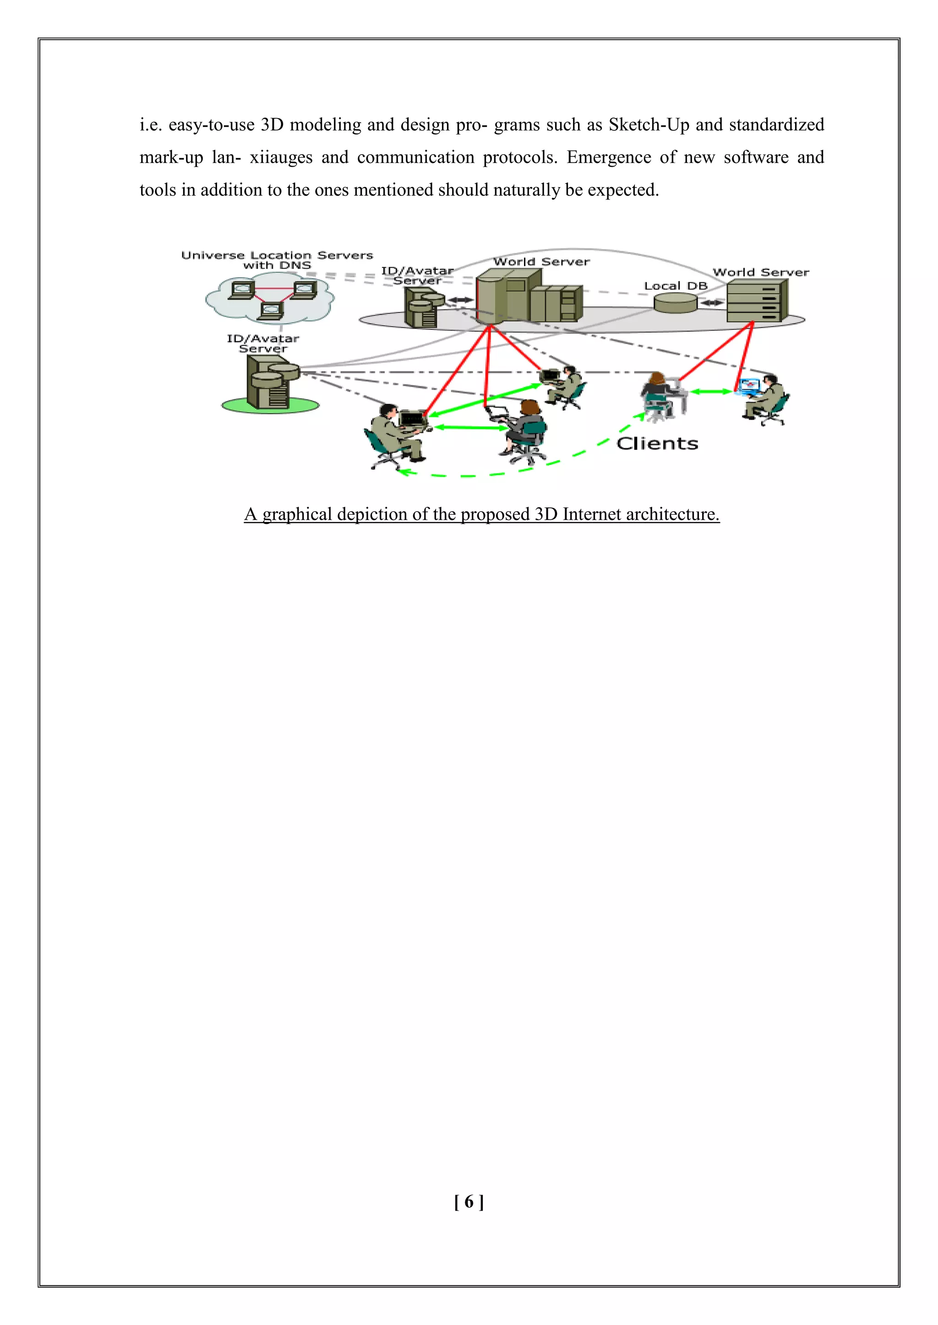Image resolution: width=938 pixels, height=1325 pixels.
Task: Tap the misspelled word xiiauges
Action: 281,157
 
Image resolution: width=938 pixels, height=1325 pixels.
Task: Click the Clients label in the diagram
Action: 657,443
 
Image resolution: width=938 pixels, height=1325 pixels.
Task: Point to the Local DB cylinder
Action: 675,302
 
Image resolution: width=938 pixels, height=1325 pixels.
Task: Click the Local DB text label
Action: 675,285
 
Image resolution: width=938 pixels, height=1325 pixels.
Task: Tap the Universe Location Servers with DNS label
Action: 277,260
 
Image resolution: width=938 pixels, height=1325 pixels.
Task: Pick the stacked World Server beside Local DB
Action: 757,300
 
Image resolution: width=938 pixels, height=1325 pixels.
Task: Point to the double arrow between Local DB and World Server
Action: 712,302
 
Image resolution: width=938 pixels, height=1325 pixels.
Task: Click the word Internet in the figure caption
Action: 591,514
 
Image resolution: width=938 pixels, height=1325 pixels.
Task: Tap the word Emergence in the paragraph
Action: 609,157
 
